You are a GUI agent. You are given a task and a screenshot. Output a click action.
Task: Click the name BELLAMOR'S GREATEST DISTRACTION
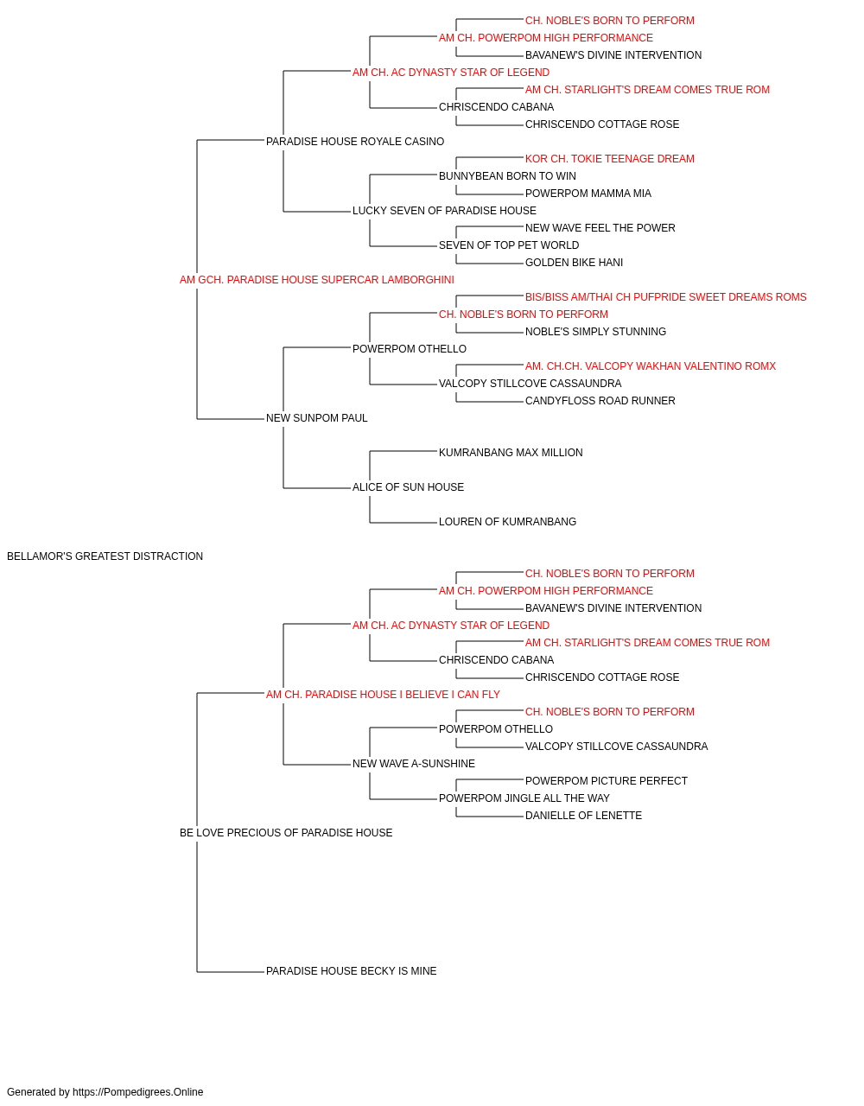105,556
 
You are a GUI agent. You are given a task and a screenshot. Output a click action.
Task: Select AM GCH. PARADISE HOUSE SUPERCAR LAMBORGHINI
316,280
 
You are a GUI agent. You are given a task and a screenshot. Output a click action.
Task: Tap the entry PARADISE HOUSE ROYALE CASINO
354,142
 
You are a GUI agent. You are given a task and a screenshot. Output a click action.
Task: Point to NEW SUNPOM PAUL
316,418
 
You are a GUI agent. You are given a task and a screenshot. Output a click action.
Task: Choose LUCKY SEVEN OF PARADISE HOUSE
444,211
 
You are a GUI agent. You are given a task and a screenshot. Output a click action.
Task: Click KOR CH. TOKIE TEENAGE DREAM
610,159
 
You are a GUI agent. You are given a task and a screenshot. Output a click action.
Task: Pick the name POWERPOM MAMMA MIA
588,194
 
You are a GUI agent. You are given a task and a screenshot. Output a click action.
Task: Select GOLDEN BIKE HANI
574,263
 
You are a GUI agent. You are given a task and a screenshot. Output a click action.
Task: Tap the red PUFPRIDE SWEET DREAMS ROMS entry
665,297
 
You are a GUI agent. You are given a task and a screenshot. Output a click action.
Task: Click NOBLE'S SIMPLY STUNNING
595,332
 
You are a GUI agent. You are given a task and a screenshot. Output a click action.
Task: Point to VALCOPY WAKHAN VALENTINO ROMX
651,366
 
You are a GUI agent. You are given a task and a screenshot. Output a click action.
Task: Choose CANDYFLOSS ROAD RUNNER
600,401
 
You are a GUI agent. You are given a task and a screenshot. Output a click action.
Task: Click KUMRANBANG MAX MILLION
511,453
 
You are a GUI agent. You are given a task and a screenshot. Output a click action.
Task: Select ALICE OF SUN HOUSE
408,487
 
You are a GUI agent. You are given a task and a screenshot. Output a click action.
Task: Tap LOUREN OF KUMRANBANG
507,522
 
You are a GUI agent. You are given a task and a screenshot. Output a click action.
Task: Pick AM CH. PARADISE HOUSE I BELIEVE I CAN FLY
383,695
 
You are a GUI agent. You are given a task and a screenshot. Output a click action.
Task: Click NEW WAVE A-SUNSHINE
413,764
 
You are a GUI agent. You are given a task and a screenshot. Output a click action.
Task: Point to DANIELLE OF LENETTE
583,816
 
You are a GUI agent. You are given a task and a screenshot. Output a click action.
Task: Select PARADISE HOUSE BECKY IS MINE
351,971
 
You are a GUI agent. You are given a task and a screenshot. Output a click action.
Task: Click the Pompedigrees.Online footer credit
105,1092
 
